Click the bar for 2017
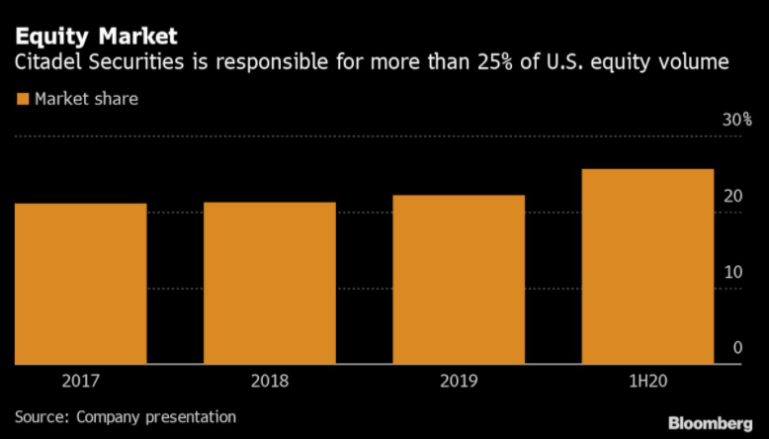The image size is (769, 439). coord(81,284)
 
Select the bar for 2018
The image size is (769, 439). coord(270,284)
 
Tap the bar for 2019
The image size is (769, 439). coord(459,280)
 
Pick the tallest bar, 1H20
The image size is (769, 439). coord(647,267)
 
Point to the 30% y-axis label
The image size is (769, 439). coord(736,120)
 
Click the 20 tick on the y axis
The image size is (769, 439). coord(732,196)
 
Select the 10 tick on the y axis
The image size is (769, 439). coord(732,272)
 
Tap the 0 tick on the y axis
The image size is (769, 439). coord(737,348)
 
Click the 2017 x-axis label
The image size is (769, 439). coord(81,382)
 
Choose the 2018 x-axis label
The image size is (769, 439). coord(270,382)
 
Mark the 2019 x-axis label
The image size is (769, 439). coord(459,382)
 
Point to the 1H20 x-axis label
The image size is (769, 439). coord(647,382)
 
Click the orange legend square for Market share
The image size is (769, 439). coord(23,99)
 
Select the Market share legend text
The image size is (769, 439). coord(86,99)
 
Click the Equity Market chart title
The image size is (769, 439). coord(96,37)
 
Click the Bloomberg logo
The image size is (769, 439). coord(710,423)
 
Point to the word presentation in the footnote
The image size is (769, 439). coord(192,417)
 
